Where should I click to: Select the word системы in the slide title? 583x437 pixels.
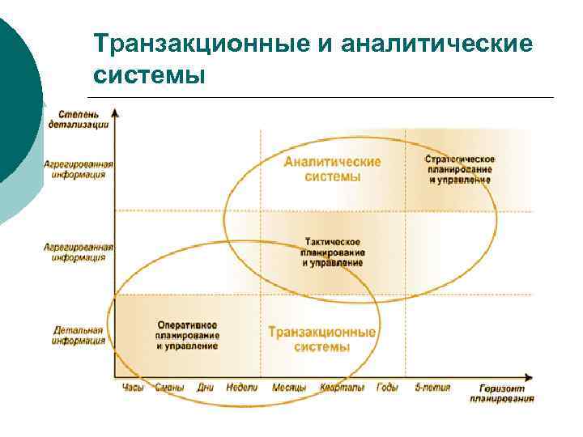point(150,75)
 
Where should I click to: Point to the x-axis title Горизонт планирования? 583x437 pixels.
point(501,392)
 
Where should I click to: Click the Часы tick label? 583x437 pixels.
point(132,388)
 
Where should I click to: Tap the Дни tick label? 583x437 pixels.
point(206,388)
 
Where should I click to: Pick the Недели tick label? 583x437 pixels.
point(242,388)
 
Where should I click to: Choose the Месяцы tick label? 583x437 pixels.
point(289,388)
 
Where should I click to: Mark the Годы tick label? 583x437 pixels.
point(387,388)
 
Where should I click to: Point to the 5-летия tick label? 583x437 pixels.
point(431,388)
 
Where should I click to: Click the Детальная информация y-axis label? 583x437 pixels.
point(79,335)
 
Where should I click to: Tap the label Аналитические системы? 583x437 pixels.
point(332,168)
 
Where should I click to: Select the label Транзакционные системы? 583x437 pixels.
point(321,339)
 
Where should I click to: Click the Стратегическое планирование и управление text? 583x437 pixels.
point(459,169)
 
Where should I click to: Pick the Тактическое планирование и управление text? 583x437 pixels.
point(333,252)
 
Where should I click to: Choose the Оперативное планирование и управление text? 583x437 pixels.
point(187,335)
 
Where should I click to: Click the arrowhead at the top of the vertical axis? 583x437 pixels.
point(116,111)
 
